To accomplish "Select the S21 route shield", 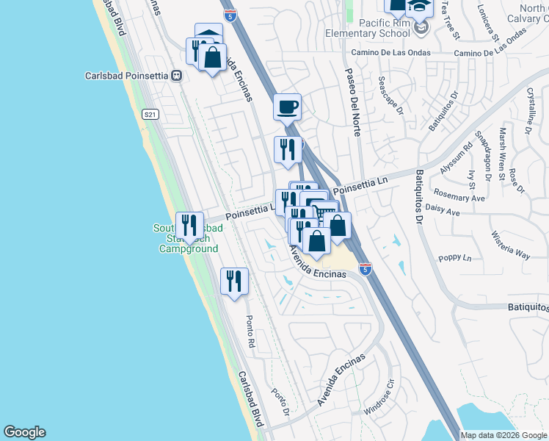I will [x=150, y=114].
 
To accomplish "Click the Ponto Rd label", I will [x=250, y=331].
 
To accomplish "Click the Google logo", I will [x=25, y=432].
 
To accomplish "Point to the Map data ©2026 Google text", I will [x=503, y=435].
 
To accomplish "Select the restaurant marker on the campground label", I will [x=190, y=226].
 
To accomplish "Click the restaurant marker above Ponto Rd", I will [x=234, y=282].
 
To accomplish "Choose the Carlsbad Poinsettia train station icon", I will [x=176, y=76].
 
